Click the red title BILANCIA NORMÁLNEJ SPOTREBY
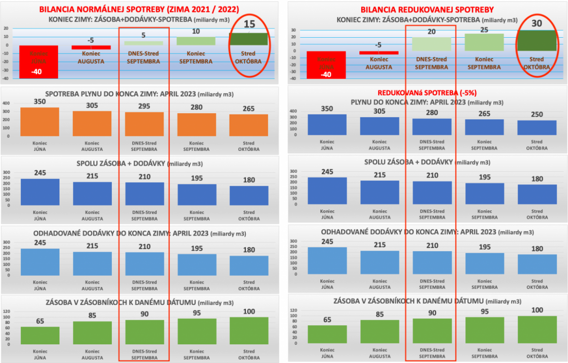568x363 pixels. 139,9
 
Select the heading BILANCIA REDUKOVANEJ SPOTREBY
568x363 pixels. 427,9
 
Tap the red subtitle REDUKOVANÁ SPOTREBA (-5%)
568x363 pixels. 427,92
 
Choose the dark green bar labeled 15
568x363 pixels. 249,39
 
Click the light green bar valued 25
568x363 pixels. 484,42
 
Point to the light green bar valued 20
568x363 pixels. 432,44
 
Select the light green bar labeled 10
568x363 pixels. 197,41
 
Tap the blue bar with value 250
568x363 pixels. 537,128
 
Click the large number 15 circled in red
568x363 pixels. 249,25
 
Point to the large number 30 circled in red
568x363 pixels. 537,23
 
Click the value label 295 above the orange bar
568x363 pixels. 144,106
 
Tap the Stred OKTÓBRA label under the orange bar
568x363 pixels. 249,146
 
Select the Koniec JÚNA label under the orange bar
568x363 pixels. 40,146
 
